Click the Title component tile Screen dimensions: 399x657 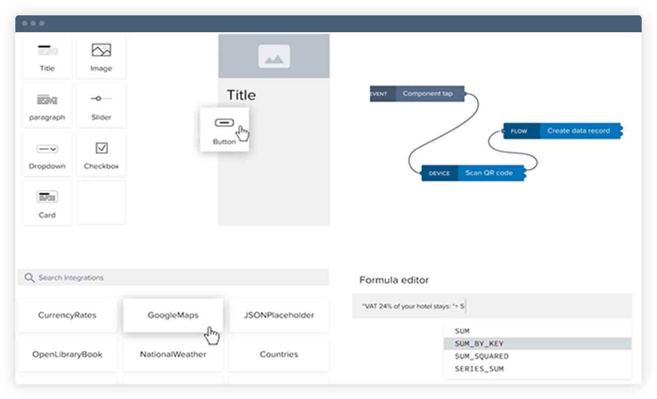pos(48,57)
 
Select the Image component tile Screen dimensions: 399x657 pos(101,57)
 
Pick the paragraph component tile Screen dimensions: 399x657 pos(48,106)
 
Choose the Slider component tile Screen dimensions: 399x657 pos(101,106)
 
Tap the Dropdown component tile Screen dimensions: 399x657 pos(48,155)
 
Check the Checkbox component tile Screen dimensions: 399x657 pos(101,155)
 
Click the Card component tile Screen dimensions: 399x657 pos(48,204)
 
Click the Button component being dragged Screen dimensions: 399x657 pos(224,129)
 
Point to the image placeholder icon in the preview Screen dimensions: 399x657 pos(274,56)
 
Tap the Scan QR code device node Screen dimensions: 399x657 pos(474,173)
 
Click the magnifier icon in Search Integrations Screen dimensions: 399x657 pos(29,278)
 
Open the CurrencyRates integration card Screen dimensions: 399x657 pos(67,315)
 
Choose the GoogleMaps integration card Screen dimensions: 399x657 pos(173,315)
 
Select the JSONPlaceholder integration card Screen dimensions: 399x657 pos(279,315)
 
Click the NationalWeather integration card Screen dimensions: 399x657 pos(173,354)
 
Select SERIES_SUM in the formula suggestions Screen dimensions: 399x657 pos(479,369)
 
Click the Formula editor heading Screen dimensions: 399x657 pos(394,280)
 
